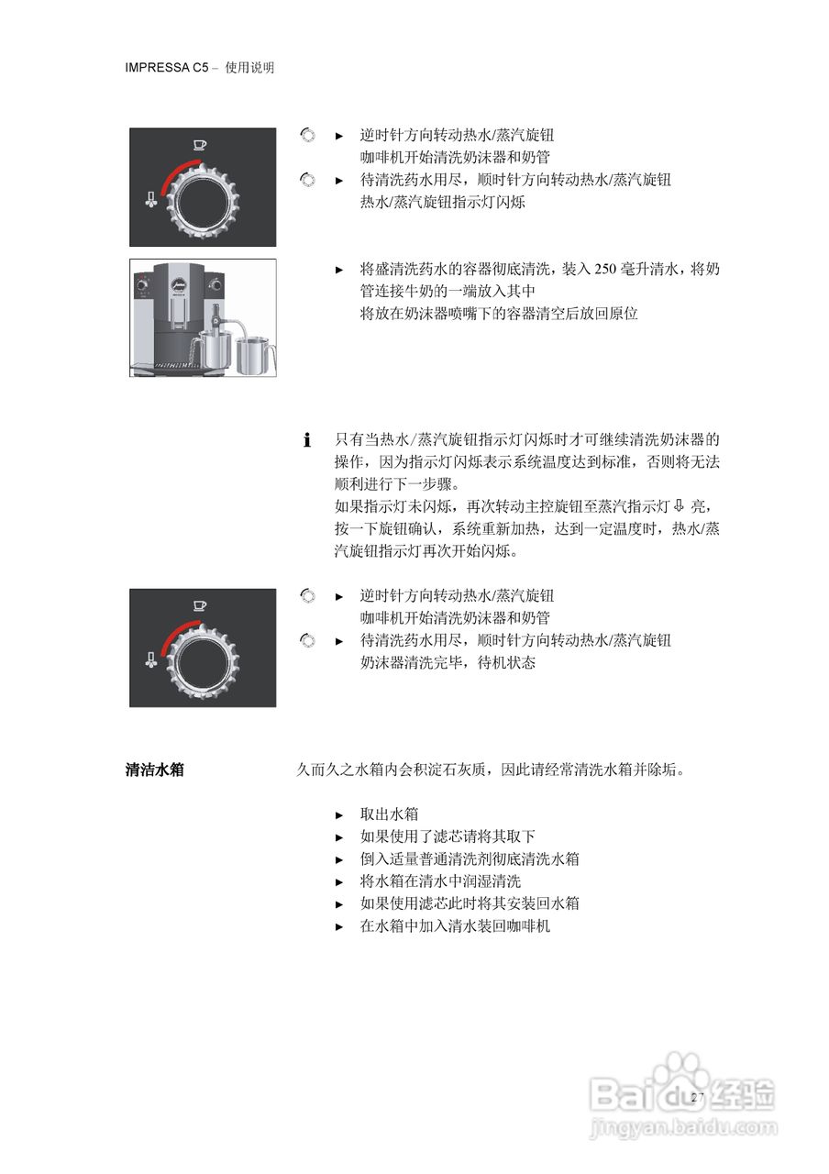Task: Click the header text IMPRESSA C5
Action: click(x=168, y=68)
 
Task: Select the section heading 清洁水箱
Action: click(x=154, y=770)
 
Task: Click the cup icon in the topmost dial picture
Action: click(x=200, y=143)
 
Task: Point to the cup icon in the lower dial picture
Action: click(x=200, y=604)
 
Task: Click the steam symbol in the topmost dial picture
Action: click(x=150, y=199)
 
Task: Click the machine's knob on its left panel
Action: click(x=143, y=286)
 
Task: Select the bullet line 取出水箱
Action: click(x=389, y=814)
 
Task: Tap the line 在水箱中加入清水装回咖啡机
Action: click(x=455, y=925)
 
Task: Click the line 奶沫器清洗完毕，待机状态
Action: click(x=448, y=662)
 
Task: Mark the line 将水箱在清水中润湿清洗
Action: click(x=440, y=881)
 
